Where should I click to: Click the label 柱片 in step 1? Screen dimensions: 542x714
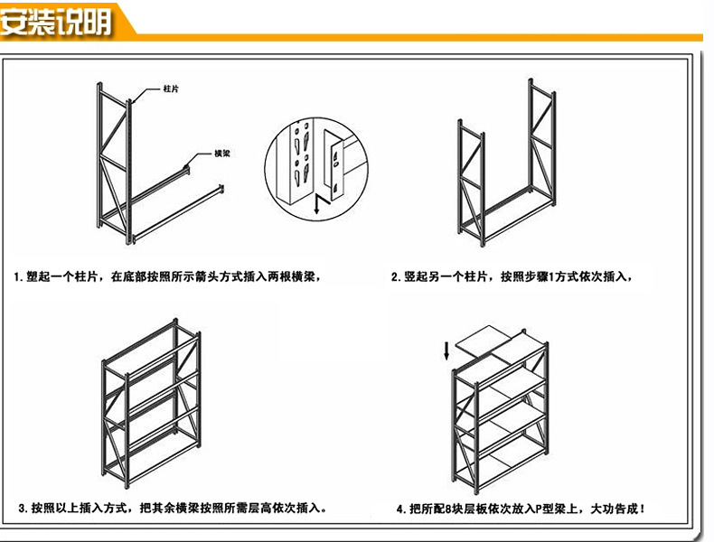coord(169,89)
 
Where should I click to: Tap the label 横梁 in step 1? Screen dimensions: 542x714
coord(221,154)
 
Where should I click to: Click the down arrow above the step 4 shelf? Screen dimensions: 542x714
coord(446,350)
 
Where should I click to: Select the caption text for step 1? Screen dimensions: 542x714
coord(168,276)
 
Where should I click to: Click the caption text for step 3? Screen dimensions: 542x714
coord(172,509)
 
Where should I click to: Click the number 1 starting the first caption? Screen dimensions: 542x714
coord(19,276)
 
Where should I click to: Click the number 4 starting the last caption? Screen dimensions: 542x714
coord(399,509)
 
